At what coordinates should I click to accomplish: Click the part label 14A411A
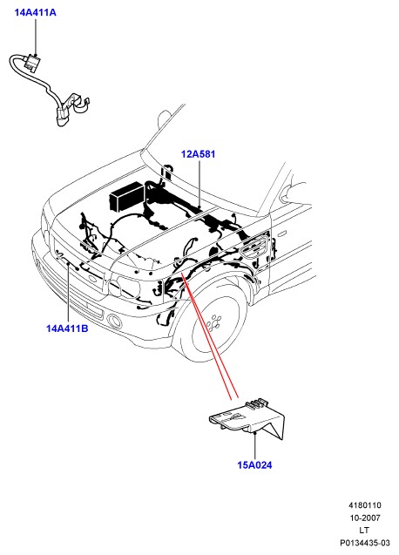coord(35,12)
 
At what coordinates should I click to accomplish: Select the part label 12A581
coord(198,154)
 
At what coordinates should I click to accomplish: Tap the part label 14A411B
coord(67,328)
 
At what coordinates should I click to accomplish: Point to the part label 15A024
coord(254,465)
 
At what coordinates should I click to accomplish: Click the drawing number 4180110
coord(365,505)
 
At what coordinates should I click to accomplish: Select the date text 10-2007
coord(365,518)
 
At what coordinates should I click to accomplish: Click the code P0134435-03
coord(365,543)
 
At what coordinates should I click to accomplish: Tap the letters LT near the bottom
coord(364,531)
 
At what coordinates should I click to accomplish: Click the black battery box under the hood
coord(126,196)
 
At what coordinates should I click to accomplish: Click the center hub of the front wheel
coord(214,322)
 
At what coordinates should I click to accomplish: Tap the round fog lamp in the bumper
coord(114,321)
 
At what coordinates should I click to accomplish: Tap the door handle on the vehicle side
coord(282,234)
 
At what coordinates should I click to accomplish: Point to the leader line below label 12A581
coord(199,184)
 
